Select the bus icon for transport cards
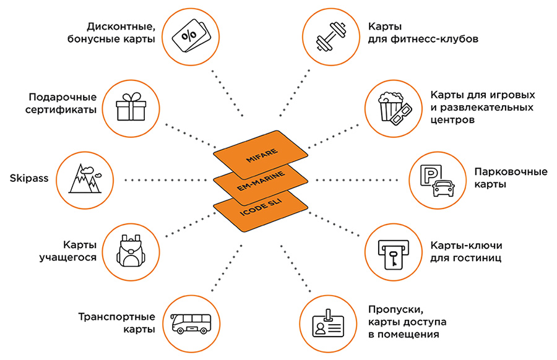pyautogui.click(x=191, y=322)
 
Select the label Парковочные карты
pyautogui.click(x=502, y=178)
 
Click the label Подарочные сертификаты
pyautogui.click(x=63, y=103)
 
